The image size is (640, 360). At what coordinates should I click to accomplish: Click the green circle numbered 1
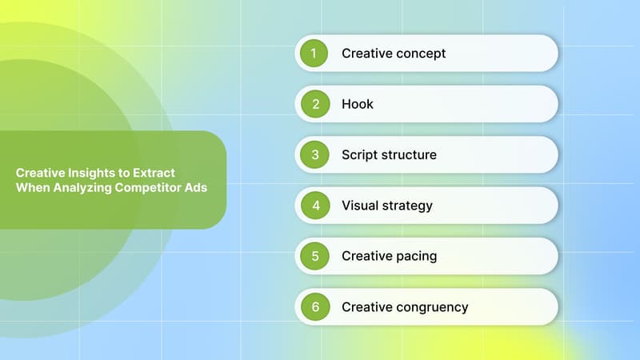(x=314, y=54)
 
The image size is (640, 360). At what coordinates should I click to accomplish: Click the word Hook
(x=358, y=104)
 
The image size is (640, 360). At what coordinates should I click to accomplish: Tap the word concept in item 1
(x=418, y=54)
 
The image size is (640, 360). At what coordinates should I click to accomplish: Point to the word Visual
(x=361, y=206)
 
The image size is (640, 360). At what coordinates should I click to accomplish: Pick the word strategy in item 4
(x=408, y=206)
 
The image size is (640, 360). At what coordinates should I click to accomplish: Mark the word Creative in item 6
(x=365, y=307)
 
